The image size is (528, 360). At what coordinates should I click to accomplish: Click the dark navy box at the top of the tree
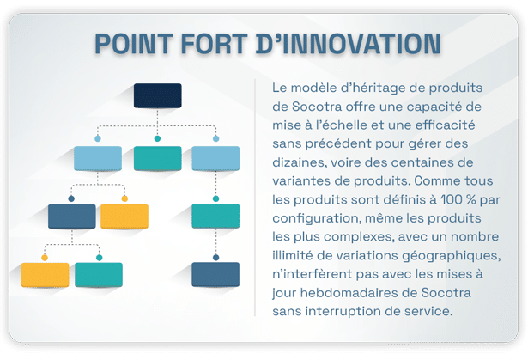point(157,95)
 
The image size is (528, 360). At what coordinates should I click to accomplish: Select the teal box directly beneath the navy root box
point(157,158)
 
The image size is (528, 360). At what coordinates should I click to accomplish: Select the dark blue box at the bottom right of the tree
point(215,274)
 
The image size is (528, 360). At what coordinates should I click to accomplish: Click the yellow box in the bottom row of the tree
point(45,274)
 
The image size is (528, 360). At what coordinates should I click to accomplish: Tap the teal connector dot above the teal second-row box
point(157,137)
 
